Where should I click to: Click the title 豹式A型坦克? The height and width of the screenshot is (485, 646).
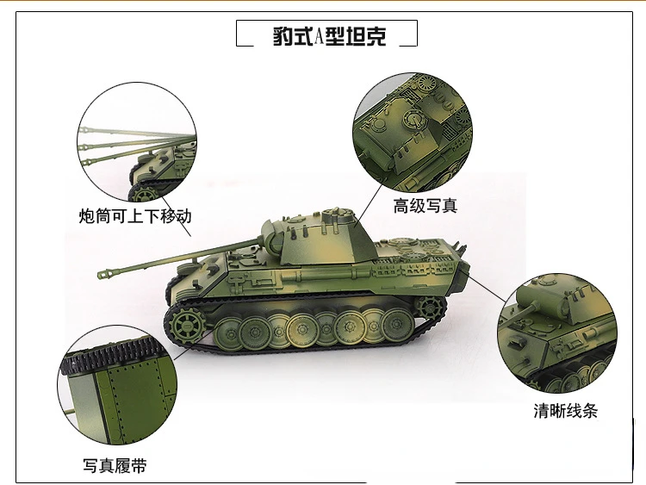(x=329, y=36)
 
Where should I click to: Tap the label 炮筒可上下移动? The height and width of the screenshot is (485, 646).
(x=135, y=216)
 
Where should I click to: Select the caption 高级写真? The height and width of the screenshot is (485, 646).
(x=425, y=206)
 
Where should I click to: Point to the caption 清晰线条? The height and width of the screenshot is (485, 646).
(x=565, y=410)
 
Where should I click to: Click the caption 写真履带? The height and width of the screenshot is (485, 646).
(x=115, y=466)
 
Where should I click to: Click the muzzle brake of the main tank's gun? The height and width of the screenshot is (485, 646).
(x=105, y=274)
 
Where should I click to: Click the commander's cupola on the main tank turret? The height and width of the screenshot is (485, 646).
(x=339, y=215)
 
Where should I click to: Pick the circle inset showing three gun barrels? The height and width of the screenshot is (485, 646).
(x=137, y=142)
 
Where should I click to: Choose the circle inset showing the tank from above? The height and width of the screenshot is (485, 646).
(x=413, y=133)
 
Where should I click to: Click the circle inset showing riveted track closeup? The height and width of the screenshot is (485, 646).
(x=117, y=384)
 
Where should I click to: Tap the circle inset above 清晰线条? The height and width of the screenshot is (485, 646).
(x=557, y=333)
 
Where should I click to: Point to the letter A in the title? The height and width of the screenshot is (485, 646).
(x=319, y=36)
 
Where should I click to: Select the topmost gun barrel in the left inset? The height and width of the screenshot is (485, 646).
(x=137, y=133)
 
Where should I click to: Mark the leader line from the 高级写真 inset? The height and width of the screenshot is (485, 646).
(x=370, y=204)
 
